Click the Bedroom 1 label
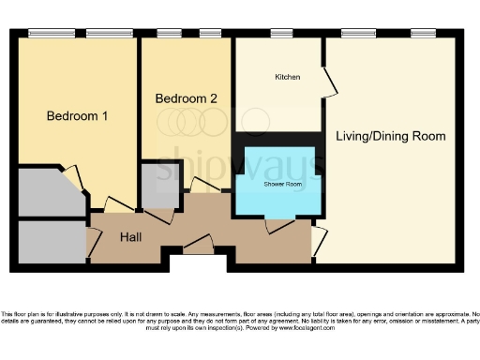[78, 116]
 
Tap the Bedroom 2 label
[187, 98]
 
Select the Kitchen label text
[287, 77]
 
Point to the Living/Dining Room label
[390, 136]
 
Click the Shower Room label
[280, 184]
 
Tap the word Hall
[131, 237]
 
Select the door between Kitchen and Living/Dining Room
[329, 84]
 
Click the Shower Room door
[278, 224]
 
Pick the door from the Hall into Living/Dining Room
[318, 242]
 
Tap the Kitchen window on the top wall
[281, 35]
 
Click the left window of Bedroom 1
[45, 35]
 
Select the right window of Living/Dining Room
[423, 35]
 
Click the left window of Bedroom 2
[169, 35]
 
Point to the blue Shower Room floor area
[278, 197]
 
